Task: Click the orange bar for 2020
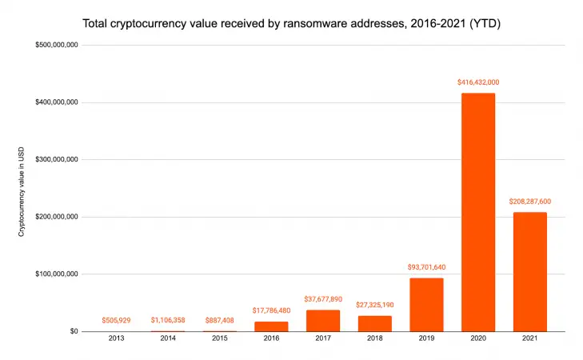click(478, 212)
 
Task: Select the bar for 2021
click(529, 271)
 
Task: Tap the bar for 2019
click(426, 304)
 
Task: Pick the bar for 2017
click(323, 320)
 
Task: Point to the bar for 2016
click(271, 326)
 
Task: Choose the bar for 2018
click(375, 323)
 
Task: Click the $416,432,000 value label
click(478, 82)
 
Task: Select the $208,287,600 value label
click(529, 202)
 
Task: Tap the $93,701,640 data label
click(426, 267)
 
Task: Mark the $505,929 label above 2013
click(116, 320)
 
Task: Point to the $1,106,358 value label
click(168, 320)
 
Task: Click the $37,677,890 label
click(323, 299)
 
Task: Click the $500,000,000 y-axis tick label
click(56, 46)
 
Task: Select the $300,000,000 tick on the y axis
click(56, 160)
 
